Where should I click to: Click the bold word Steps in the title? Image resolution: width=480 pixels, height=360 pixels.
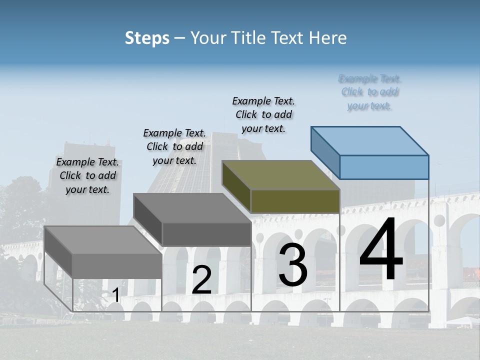coord(147,38)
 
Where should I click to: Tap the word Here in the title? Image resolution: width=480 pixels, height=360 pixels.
coord(327,38)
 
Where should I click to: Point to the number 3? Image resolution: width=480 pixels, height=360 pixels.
coord(293,264)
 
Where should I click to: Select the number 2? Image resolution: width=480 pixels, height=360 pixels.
coord(201,280)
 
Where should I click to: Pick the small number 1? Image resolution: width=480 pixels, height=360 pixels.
coord(115,295)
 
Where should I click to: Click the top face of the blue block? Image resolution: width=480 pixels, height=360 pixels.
coord(370,140)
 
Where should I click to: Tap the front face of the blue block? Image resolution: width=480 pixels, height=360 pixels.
coord(384,167)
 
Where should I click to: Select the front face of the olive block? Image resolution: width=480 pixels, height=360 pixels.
coord(295,201)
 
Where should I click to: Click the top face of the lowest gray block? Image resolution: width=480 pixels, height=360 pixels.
coord(103,240)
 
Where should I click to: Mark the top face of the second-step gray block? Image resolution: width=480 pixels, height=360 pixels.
coord(192,207)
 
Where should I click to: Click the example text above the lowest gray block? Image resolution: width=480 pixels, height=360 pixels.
coord(87,175)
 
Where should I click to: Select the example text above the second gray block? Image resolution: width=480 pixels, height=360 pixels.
coord(174,146)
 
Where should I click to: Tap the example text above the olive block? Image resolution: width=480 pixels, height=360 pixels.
coord(263,114)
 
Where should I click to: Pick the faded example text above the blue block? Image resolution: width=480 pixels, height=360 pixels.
coord(370,92)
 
